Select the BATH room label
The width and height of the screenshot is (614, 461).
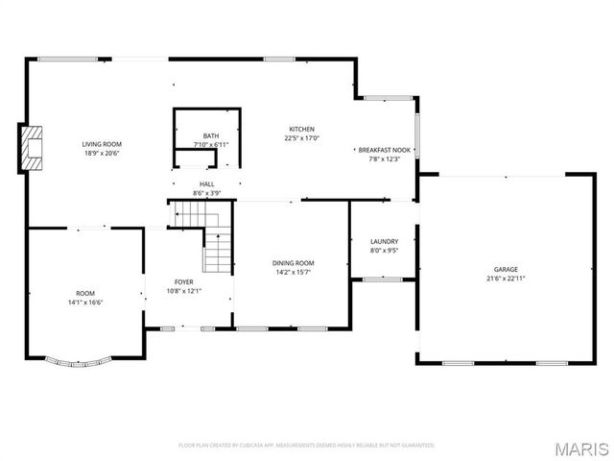(210, 136)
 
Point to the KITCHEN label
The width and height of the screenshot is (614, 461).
(302, 129)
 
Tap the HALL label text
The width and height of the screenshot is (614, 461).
(206, 183)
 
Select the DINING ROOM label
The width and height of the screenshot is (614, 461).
(294, 263)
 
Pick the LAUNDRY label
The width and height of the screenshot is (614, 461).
(384, 241)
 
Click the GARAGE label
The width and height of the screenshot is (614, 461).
(506, 270)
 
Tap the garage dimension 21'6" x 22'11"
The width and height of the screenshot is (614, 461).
(506, 279)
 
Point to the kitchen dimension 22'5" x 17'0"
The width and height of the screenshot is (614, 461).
(302, 137)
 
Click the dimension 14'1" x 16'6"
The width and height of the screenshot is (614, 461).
(85, 302)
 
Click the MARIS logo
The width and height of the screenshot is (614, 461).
(583, 449)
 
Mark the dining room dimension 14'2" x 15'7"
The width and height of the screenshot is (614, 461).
(294, 272)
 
